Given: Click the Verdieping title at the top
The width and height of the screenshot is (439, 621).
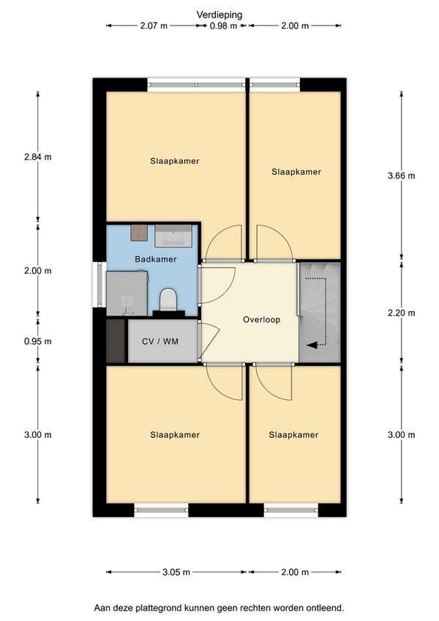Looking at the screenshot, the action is pos(219,15).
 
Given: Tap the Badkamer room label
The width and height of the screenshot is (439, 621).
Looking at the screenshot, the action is pos(156,259).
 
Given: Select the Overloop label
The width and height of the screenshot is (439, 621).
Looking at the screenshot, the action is pos(262,319).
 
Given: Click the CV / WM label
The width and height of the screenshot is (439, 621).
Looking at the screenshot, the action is pos(160,341).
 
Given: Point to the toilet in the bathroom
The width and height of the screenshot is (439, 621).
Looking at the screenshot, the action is pos(168,299).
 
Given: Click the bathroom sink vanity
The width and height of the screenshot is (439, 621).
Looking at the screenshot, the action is pos(173,236).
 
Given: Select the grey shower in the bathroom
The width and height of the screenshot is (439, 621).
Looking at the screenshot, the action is pos(127,293).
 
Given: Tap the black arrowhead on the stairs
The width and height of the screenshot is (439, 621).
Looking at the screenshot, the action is pos(312,345).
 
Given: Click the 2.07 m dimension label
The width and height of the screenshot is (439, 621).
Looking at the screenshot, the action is pos(154,26).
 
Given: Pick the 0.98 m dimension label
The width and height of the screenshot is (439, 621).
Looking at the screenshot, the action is pos(223,26).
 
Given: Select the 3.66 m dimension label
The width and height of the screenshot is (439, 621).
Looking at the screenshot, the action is pos(402,176).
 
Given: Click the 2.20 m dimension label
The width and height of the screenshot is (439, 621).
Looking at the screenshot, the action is pos(402,313).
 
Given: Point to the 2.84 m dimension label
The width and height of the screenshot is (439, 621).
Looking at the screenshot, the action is pos(38,157).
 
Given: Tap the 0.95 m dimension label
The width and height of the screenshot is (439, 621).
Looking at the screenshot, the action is pos(38,341).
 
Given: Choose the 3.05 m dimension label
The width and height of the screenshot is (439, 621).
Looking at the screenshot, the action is pos(176,572).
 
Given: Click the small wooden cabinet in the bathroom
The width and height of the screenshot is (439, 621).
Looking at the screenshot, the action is pos(139,232).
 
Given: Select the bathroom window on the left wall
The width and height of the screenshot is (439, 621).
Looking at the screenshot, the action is pos(100,284).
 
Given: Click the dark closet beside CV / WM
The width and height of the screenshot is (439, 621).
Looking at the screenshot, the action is pos(116,341).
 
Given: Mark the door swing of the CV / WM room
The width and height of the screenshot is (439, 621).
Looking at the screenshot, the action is pos(209,340).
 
